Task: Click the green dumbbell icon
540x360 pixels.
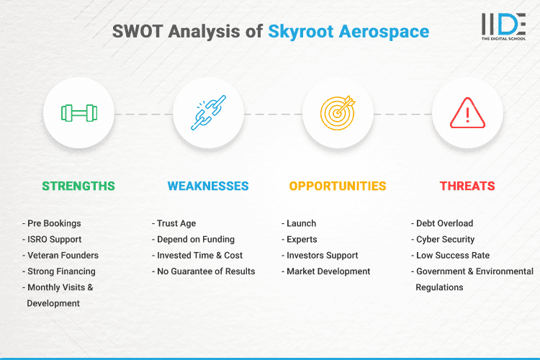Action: pyautogui.click(x=78, y=114)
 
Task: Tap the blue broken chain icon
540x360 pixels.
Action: pyautogui.click(x=208, y=114)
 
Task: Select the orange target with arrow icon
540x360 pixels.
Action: pyautogui.click(x=338, y=114)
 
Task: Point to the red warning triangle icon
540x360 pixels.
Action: pyautogui.click(x=467, y=114)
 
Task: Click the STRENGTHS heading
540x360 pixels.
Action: pyautogui.click(x=78, y=186)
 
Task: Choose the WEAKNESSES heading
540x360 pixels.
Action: pyautogui.click(x=208, y=186)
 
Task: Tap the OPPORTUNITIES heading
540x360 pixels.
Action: pyautogui.click(x=338, y=186)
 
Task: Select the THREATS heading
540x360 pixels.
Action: pyautogui.click(x=467, y=186)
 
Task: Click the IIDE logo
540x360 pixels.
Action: pyautogui.click(x=504, y=27)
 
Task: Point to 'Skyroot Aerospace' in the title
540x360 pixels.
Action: pyautogui.click(x=348, y=32)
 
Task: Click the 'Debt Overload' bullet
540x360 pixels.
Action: pyautogui.click(x=445, y=223)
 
